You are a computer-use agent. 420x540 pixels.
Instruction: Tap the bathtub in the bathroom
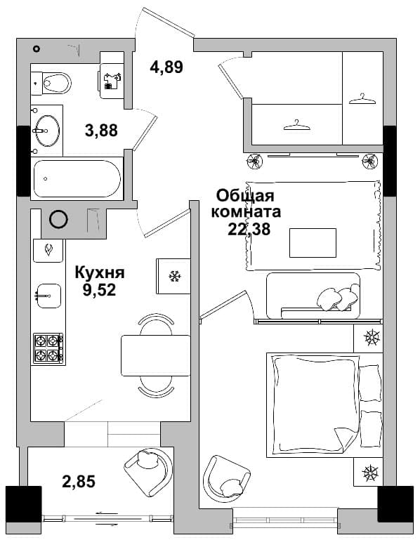77,178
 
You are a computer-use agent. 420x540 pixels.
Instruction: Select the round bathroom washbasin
48,131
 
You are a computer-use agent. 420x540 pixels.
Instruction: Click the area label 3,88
101,131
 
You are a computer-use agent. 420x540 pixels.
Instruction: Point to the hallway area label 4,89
166,67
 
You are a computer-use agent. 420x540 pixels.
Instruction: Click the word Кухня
100,272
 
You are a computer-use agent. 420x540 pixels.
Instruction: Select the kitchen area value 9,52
99,290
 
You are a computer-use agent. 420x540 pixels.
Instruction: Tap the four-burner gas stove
48,348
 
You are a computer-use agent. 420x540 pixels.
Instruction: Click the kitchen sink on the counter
48,296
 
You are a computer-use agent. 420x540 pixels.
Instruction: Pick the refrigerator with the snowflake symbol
173,276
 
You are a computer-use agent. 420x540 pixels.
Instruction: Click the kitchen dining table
156,355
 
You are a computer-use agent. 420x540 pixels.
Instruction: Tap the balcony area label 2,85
79,481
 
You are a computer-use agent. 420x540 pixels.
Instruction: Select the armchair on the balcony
148,467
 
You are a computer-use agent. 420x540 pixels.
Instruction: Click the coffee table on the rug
313,242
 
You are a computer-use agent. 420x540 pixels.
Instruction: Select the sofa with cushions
313,296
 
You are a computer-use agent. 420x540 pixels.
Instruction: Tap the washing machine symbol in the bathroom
112,81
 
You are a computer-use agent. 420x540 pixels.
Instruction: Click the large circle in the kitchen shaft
58,219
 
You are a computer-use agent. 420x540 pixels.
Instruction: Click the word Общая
245,196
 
